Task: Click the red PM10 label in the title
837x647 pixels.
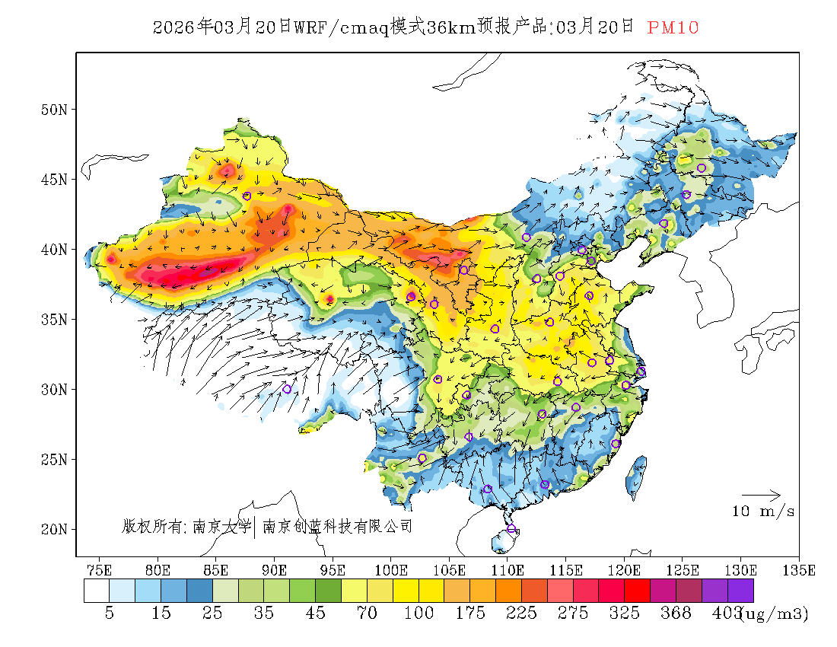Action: [673, 28]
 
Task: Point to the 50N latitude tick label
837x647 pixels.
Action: [54, 110]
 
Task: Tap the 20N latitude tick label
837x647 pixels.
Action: [54, 529]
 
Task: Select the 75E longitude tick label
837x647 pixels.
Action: [100, 569]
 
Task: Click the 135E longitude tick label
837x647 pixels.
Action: [799, 569]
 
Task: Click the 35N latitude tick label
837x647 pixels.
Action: [54, 319]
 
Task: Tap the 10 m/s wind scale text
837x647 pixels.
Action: [763, 512]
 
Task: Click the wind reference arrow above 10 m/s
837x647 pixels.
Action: [761, 496]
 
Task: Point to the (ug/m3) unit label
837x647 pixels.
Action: [775, 614]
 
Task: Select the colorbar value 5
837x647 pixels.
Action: [109, 614]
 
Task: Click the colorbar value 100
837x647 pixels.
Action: [418, 614]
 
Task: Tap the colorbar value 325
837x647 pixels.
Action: [625, 614]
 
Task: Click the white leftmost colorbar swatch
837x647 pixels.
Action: [97, 591]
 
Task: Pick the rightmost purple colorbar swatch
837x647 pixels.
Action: [740, 591]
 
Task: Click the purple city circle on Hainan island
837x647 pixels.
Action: [511, 529]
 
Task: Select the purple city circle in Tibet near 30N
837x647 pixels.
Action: [287, 389]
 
